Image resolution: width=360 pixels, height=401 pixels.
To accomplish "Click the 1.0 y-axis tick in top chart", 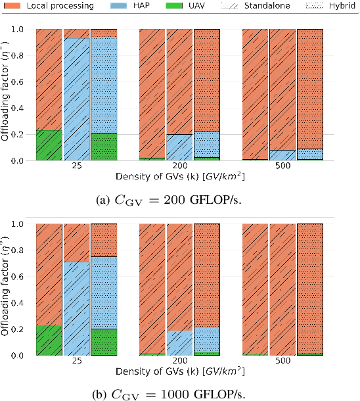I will coord(22,30).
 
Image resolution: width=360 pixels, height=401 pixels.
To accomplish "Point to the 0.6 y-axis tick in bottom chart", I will coord(22,277).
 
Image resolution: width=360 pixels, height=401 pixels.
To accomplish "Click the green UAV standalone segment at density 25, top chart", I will coord(49,145).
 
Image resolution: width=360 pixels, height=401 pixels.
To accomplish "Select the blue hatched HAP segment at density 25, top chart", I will coord(76,99).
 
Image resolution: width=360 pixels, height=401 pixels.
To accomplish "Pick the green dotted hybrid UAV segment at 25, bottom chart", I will coord(104,342).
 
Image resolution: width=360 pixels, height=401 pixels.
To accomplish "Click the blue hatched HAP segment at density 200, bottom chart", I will coord(179,342).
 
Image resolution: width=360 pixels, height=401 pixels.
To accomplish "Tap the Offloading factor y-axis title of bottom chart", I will coord(7,289).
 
